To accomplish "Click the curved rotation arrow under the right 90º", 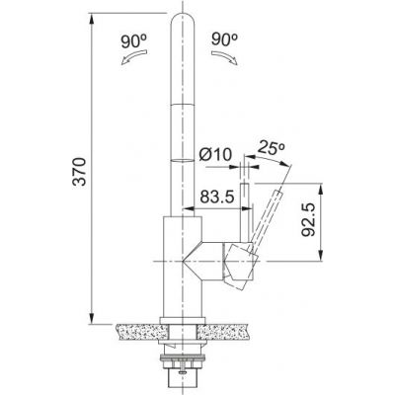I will [x=228, y=60].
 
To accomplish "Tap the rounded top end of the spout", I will [x=187, y=22].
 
